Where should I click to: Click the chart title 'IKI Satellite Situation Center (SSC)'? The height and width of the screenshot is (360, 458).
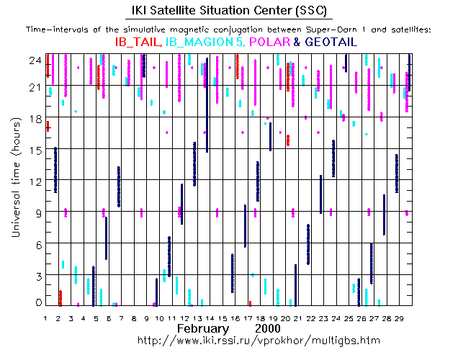pos(228,10)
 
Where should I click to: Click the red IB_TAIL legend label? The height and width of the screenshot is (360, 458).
pos(137,42)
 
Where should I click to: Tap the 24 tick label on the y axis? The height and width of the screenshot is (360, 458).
pos(35,60)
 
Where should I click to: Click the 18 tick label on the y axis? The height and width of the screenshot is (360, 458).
pos(35,118)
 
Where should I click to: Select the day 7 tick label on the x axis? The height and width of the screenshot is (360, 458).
pos(122,318)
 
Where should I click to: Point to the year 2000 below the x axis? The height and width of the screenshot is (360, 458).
pos(267,328)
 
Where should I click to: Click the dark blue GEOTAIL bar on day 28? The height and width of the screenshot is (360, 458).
pos(385,214)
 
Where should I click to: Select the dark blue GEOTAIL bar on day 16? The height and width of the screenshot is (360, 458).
pos(233,273)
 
